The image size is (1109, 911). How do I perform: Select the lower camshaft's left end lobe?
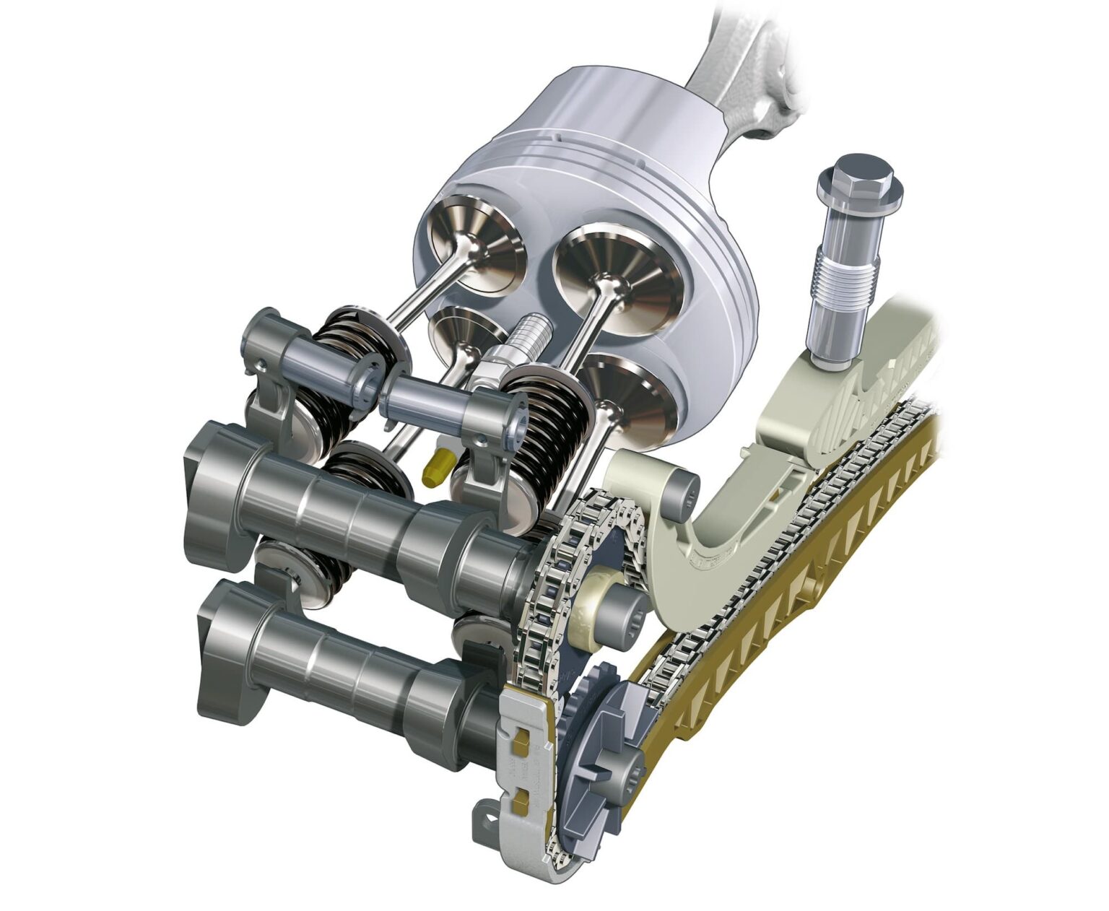coord(224,650)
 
